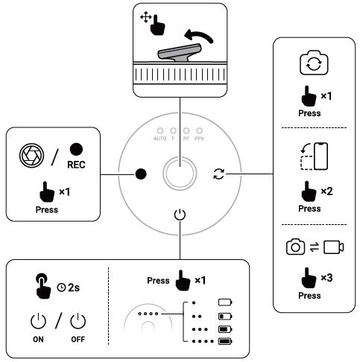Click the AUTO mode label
click(x=160, y=139)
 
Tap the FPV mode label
click(x=200, y=139)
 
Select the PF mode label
click(x=187, y=139)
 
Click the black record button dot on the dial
click(x=140, y=174)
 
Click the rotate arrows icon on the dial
click(x=218, y=174)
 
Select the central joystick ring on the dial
click(x=180, y=174)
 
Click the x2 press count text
click(x=326, y=191)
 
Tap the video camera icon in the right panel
click(x=334, y=247)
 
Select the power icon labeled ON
click(x=37, y=322)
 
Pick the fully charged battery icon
click(x=226, y=341)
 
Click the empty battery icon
click(x=226, y=302)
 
